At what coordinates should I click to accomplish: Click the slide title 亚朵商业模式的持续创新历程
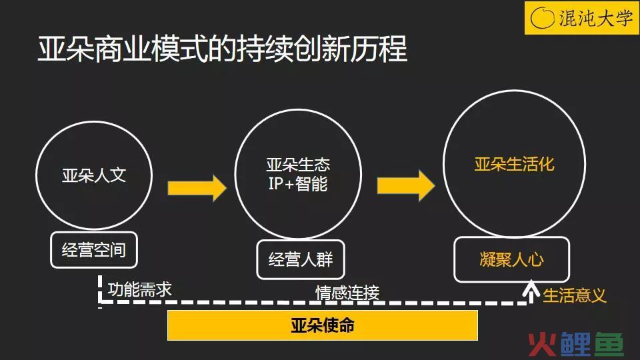(223, 49)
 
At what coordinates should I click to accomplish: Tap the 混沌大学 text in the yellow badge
(595, 18)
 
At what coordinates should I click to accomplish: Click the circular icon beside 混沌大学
(542, 18)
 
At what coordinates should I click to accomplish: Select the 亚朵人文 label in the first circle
(94, 175)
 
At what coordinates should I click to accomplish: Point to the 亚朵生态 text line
(298, 165)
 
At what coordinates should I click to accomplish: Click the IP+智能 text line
(298, 184)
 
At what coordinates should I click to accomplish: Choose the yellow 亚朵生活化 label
(514, 164)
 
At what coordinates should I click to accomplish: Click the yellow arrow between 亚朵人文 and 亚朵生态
(197, 188)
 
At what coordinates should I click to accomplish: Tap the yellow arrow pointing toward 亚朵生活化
(406, 186)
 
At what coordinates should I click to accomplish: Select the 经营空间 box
(94, 250)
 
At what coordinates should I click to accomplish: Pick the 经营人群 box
(301, 259)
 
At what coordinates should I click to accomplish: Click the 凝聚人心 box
(511, 259)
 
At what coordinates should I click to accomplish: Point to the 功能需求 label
(139, 289)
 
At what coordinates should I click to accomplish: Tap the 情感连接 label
(347, 293)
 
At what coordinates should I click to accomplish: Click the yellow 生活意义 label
(574, 295)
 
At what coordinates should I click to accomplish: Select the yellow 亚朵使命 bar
(323, 325)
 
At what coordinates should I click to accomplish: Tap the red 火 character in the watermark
(542, 345)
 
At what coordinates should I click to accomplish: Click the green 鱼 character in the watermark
(609, 345)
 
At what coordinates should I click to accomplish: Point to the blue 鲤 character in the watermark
(575, 345)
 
